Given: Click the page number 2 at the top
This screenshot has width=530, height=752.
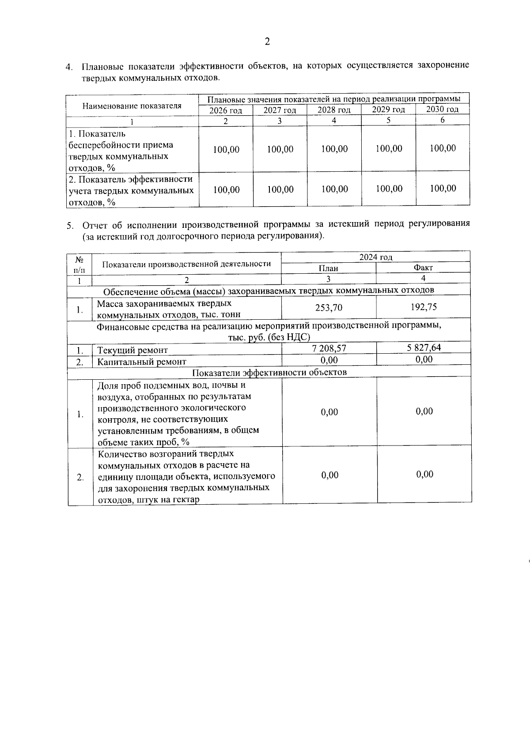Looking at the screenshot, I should (x=267, y=42).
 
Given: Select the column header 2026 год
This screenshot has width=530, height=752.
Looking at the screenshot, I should (x=226, y=110).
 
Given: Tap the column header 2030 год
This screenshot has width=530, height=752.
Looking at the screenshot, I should (x=442, y=109).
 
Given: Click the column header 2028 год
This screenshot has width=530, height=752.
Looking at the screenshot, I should (x=334, y=110).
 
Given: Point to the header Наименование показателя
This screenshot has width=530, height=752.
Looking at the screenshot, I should (x=132, y=106).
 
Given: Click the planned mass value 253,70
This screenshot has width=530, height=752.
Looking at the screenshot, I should (x=329, y=308).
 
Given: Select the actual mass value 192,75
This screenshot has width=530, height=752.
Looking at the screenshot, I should (x=424, y=307).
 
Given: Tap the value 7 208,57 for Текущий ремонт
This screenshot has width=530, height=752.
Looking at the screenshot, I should (x=329, y=348).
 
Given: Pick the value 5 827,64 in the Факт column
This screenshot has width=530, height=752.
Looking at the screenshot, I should (x=424, y=348).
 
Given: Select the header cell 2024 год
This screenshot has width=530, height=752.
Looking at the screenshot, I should (x=376, y=257).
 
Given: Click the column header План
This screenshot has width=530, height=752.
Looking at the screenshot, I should (x=329, y=268).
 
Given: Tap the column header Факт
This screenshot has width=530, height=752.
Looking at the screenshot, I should (x=423, y=268).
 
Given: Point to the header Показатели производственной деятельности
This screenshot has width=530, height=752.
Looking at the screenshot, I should (x=186, y=264).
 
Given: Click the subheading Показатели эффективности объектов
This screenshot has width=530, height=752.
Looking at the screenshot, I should (x=269, y=372).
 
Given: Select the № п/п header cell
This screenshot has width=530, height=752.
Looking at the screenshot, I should (x=80, y=264).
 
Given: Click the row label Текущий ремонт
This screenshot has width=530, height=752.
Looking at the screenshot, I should (x=132, y=351).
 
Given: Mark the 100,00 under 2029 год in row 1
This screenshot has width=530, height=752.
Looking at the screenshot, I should (x=389, y=149).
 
